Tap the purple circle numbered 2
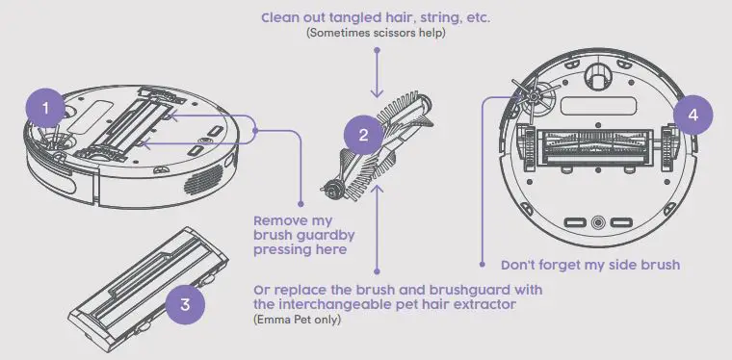(x=363, y=137)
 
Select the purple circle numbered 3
(x=186, y=305)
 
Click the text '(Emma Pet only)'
(x=296, y=319)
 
